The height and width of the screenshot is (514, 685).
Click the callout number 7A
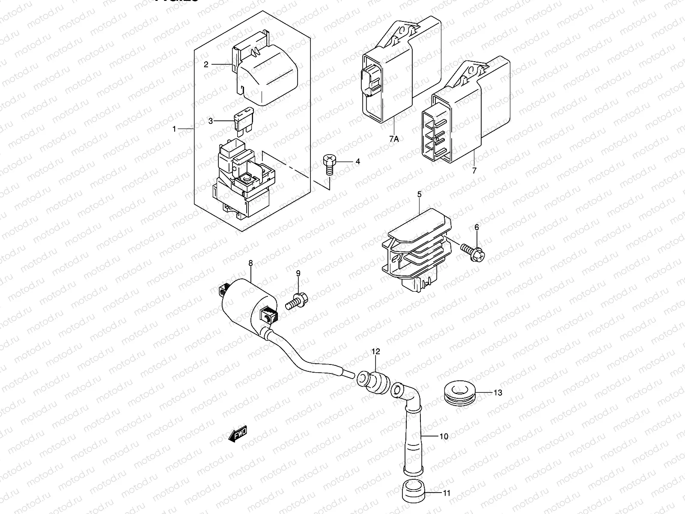[x=394, y=139]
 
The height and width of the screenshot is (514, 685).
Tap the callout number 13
[x=497, y=392]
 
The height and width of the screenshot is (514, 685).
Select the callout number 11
[x=447, y=493]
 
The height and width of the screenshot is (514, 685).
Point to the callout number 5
[x=419, y=195]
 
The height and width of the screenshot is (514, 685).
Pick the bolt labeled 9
[x=296, y=301]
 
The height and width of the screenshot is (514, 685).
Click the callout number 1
[x=174, y=128]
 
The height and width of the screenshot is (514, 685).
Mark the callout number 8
[x=250, y=264]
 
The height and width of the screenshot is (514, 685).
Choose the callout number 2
[x=206, y=65]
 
